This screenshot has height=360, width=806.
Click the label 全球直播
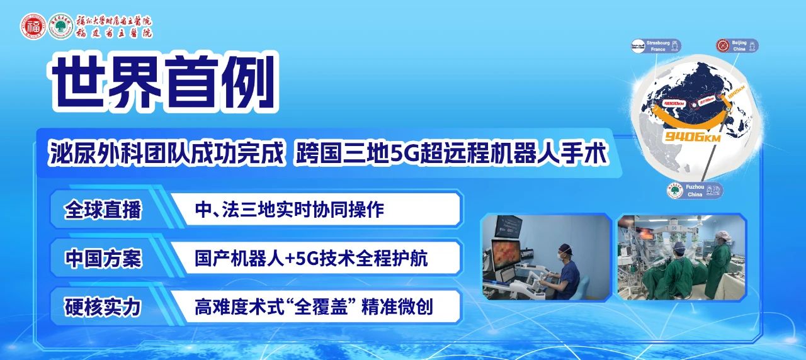tap(103, 210)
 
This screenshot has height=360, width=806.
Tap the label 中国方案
tap(103, 259)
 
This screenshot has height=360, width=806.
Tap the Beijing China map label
tap(737, 45)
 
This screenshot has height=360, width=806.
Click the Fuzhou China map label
tap(695, 190)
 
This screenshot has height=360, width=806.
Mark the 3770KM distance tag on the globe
tap(707, 100)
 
